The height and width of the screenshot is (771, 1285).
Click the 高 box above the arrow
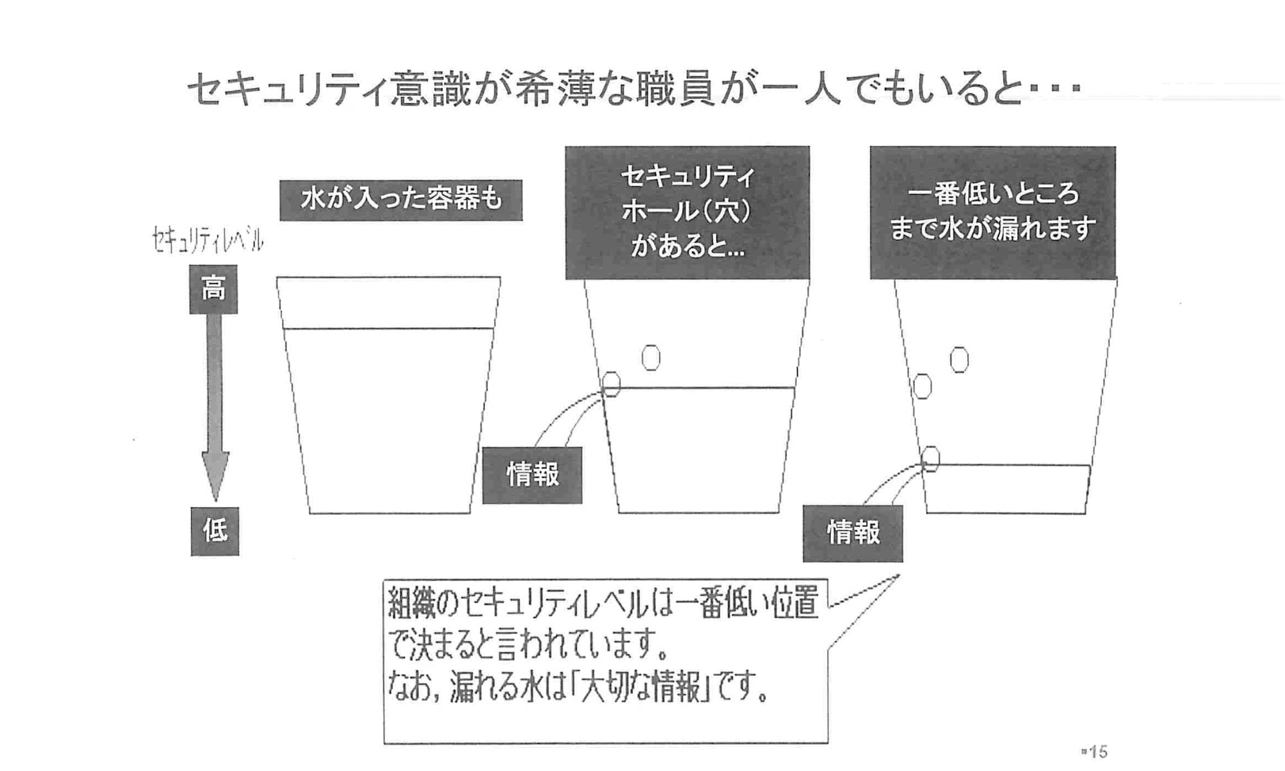213,289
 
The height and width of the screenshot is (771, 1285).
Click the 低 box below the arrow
215,531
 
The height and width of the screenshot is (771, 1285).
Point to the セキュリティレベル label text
208,240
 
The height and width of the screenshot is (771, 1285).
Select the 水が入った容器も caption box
400,200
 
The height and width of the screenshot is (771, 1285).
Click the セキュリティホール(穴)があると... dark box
687,212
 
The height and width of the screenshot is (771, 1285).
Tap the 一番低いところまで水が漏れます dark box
992,212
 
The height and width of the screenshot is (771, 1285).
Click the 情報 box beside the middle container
532,475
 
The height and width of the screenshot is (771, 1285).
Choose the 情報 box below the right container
853,533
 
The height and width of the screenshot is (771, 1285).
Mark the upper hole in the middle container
651,358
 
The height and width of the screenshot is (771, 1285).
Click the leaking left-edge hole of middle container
611,384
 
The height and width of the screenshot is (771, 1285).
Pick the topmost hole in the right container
959,360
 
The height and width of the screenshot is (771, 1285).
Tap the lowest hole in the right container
930,459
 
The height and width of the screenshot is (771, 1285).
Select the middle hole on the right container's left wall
923,386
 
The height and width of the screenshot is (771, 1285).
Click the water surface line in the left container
388,329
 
